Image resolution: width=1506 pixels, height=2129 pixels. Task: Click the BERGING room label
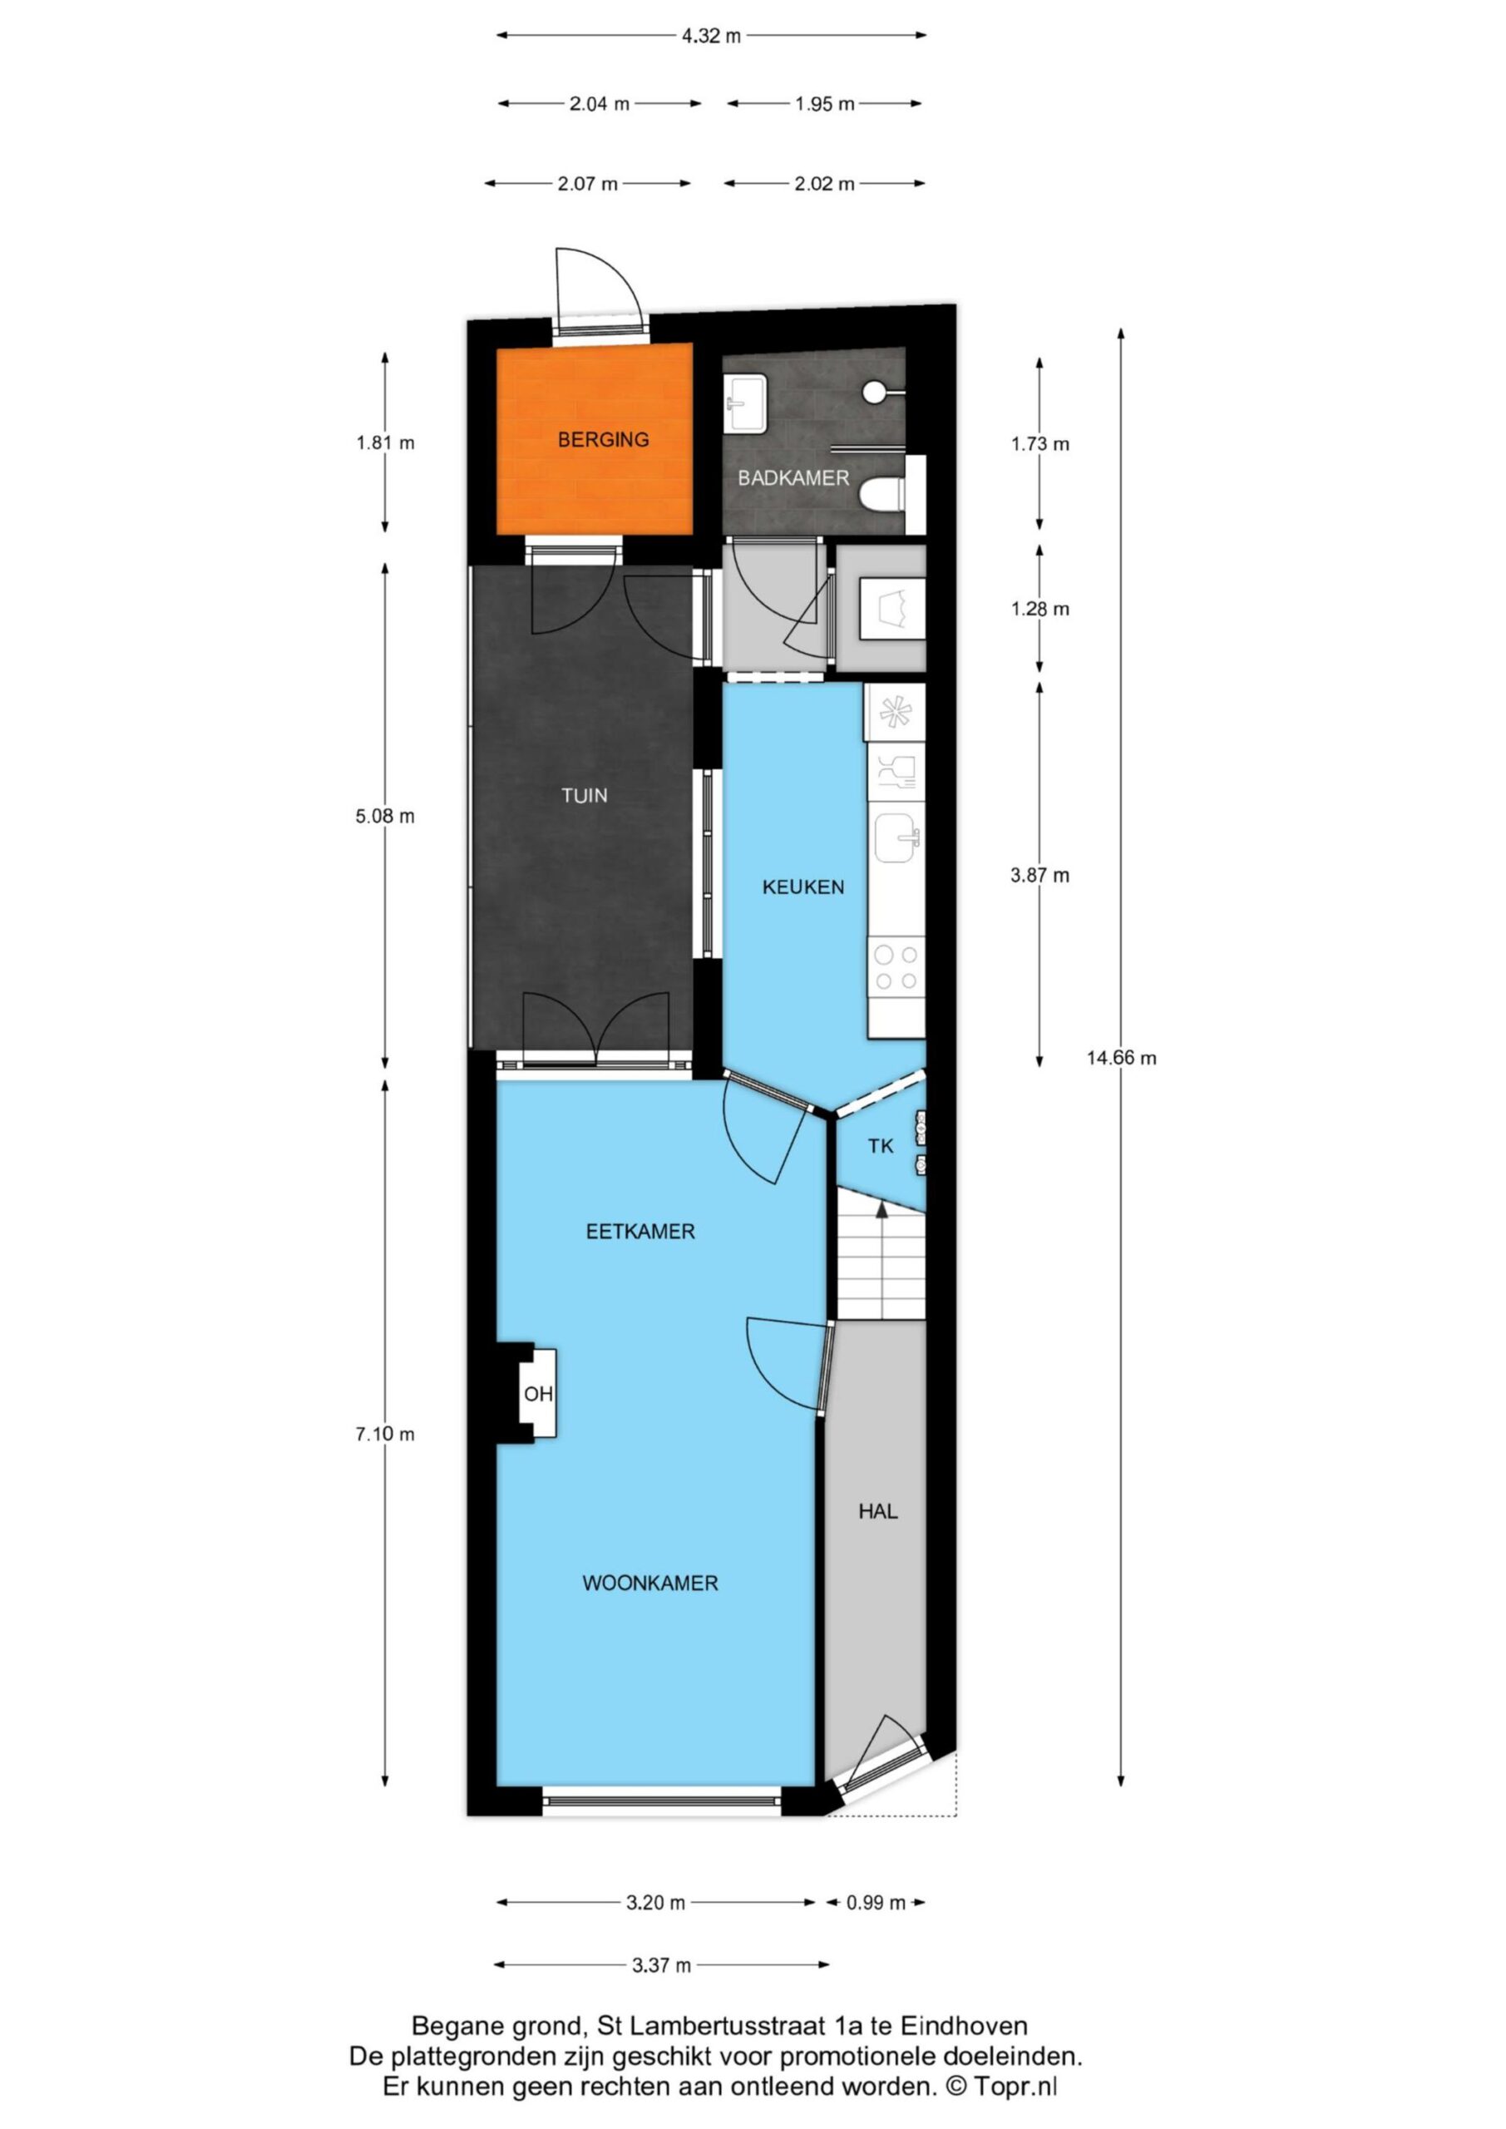[603, 440]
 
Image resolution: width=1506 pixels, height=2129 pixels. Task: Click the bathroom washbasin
[746, 403]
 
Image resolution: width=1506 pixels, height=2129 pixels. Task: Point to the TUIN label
[585, 795]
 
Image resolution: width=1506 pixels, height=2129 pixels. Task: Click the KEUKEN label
[803, 887]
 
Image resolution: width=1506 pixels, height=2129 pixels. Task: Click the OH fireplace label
[538, 1394]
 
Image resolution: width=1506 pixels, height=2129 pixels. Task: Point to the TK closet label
[880, 1146]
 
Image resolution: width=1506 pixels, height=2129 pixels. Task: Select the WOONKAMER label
[650, 1583]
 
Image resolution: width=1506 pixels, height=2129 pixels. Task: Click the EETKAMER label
[639, 1232]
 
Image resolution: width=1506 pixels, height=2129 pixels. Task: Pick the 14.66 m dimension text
[1121, 1058]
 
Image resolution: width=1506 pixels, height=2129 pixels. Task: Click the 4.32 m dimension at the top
[711, 36]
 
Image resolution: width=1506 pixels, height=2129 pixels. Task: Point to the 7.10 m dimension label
[385, 1434]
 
